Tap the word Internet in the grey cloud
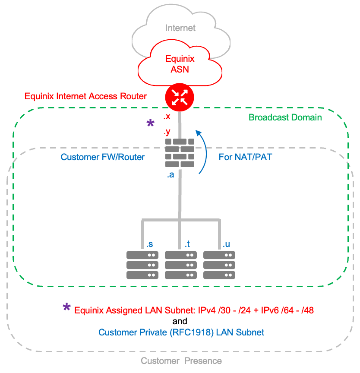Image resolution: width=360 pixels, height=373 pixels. (x=180, y=28)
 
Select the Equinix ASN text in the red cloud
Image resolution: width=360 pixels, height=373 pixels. (x=180, y=64)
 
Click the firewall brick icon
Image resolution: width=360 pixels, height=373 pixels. (x=180, y=153)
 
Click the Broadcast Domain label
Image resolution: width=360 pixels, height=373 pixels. (x=285, y=117)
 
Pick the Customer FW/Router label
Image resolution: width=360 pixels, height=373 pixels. (x=103, y=157)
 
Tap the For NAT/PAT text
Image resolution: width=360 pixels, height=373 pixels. (x=245, y=157)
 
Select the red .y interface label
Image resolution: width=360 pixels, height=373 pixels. (x=167, y=133)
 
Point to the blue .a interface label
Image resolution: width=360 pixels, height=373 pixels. (x=171, y=175)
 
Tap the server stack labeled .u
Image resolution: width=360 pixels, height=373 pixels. (x=219, y=265)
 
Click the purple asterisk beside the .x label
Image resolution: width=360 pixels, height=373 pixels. (x=150, y=124)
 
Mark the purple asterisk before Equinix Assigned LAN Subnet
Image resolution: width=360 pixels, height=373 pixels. (x=67, y=307)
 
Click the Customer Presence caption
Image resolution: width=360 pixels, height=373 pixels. (x=181, y=361)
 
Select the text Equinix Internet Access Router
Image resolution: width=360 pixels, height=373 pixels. (x=85, y=96)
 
